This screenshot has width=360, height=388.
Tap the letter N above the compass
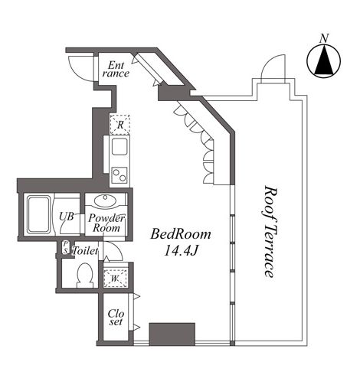(x=324, y=38)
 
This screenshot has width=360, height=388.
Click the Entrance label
(x=116, y=70)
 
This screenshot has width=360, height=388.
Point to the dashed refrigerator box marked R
(x=119, y=123)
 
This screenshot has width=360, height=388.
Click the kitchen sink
(x=119, y=147)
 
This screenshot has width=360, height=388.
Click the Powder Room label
(x=105, y=223)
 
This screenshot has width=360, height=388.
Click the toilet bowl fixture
(x=85, y=276)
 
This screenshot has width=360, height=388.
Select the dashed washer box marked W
(x=116, y=279)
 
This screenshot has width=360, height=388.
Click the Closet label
(x=116, y=317)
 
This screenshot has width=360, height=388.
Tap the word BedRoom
(x=181, y=234)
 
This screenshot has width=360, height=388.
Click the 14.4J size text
(x=181, y=250)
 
